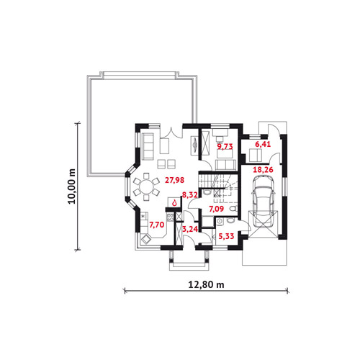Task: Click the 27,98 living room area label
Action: click(x=174, y=180)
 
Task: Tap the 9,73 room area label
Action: click(x=225, y=146)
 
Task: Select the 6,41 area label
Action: click(x=263, y=144)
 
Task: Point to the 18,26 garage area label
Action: click(x=263, y=170)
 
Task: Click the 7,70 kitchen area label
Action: click(x=157, y=225)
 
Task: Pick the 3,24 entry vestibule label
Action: click(x=190, y=229)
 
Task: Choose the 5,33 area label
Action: click(x=226, y=236)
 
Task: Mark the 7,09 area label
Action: click(x=216, y=209)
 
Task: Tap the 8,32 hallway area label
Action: click(x=189, y=195)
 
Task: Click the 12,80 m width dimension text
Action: click(x=206, y=284)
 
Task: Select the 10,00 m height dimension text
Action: click(x=71, y=186)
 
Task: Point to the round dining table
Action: click(x=146, y=186)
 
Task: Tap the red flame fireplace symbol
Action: click(x=174, y=203)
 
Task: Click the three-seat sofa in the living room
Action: click(x=148, y=146)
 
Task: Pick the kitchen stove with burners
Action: click(x=170, y=217)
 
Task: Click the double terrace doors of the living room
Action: click(x=171, y=132)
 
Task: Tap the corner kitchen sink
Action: click(x=145, y=239)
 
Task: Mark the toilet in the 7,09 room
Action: click(x=233, y=209)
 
